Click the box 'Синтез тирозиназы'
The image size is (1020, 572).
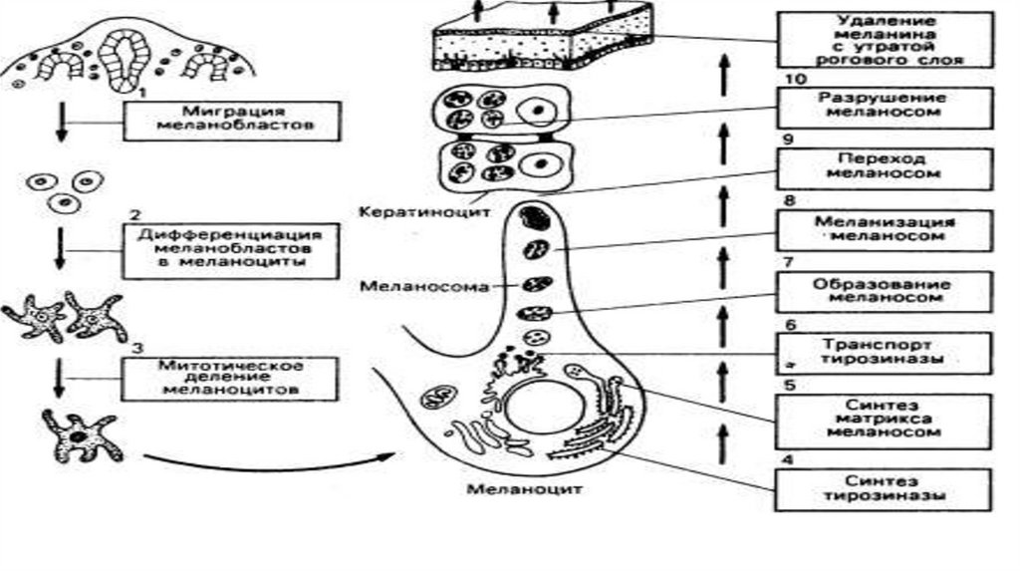884,486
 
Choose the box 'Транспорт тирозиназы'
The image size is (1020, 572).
884,350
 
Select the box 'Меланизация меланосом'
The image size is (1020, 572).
884,229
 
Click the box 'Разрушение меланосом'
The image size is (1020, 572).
884,107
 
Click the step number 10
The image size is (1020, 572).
790,78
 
